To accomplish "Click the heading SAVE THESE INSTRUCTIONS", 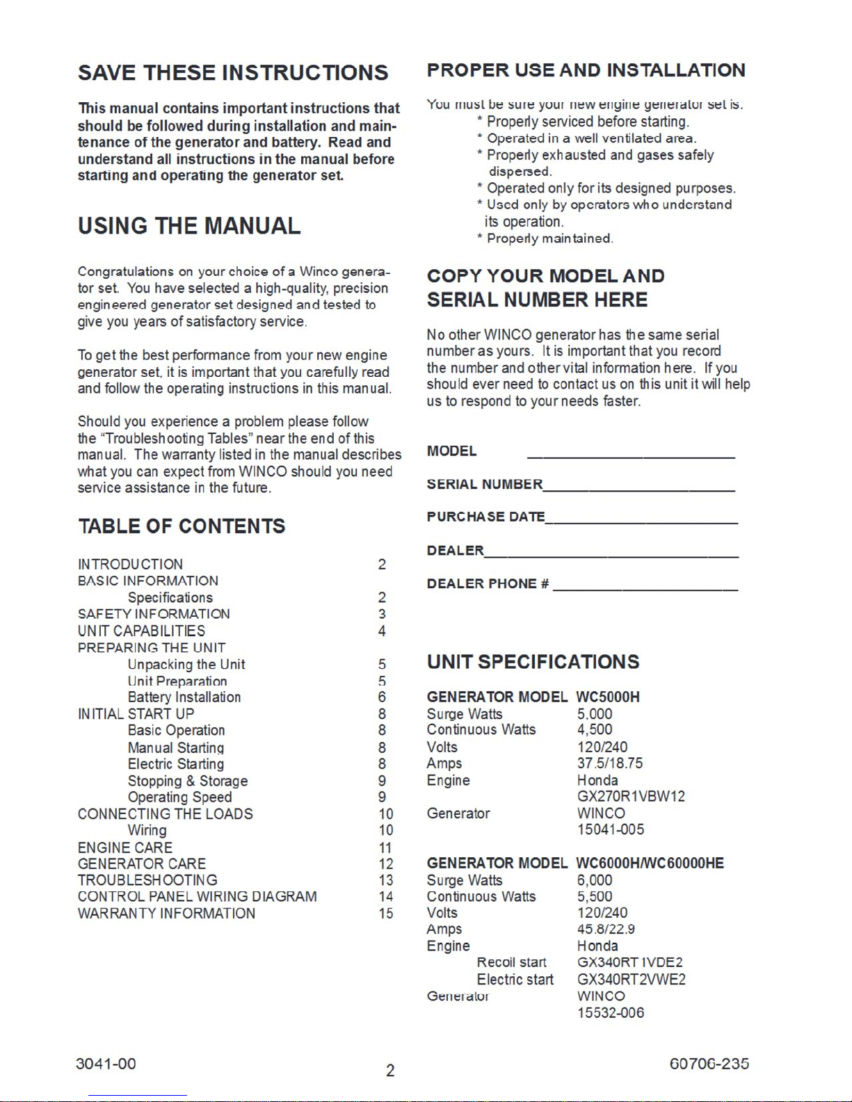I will coord(233,73).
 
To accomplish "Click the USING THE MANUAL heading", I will coord(189,226).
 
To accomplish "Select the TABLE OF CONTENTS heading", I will coord(182,526).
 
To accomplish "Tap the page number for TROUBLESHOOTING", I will coord(386,880).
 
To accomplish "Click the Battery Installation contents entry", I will coord(184,697).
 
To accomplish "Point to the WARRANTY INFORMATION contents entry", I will coord(166,914).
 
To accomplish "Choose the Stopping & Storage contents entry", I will coord(188,781).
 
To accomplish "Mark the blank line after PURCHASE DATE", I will coord(641,521).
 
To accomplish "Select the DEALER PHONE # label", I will coord(488,584).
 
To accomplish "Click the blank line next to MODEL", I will coord(631,456).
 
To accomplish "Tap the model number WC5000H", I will coord(608,697).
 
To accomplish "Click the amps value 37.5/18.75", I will coord(610,763).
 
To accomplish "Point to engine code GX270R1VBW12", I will coord(631,796).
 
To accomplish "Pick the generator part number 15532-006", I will coord(611,1013).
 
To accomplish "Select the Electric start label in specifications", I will coord(515,980).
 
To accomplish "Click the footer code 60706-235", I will coord(709,1064).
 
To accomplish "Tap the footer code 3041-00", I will coord(106,1064).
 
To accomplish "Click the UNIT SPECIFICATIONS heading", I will coord(533,662).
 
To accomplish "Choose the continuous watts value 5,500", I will coord(595,897).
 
